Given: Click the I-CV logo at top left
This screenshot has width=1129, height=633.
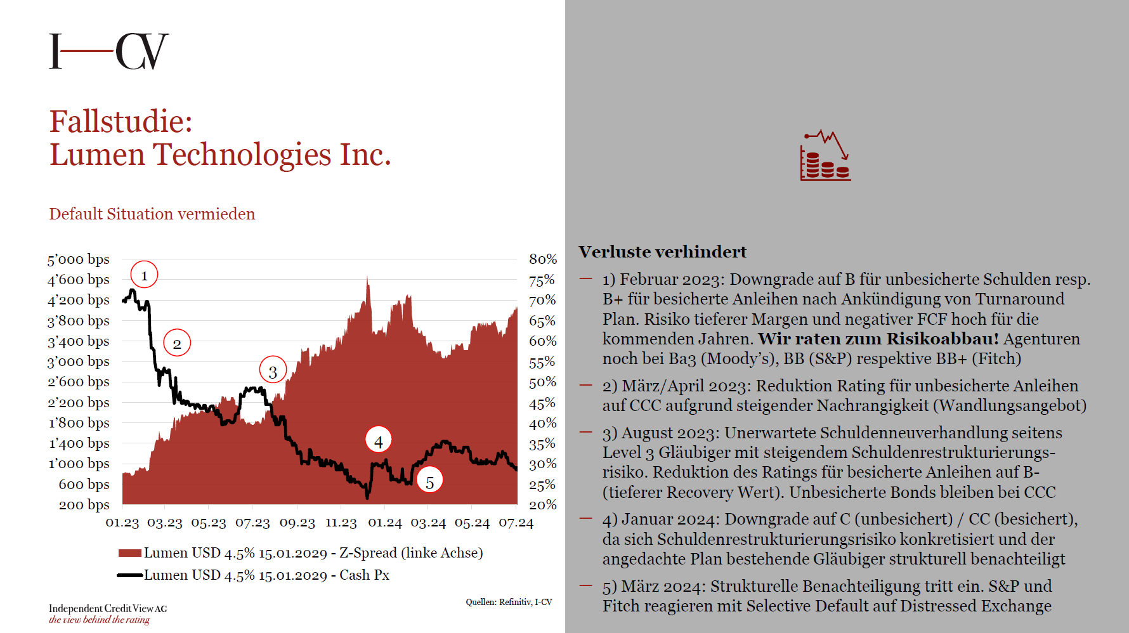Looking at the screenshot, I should (109, 51).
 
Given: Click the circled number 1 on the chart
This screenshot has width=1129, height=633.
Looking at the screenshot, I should (144, 275).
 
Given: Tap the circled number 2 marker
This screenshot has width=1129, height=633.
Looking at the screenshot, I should (177, 343).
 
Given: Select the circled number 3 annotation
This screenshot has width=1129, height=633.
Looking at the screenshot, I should (273, 371).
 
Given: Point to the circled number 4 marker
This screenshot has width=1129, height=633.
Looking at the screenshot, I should (379, 441).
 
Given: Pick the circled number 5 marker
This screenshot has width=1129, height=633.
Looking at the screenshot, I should (429, 482).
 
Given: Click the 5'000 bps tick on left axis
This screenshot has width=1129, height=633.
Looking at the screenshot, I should (79, 259).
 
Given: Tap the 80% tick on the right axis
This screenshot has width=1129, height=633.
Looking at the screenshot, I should (543, 259).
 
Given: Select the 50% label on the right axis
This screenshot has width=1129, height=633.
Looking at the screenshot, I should (543, 382).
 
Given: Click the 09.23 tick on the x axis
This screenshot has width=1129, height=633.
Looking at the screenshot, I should (297, 523).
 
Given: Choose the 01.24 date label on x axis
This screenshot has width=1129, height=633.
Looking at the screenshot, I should (385, 523).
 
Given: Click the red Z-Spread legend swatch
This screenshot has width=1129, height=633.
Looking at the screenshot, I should (129, 553).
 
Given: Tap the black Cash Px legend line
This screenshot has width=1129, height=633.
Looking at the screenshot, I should (129, 575).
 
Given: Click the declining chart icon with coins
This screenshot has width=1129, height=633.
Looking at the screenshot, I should (825, 155).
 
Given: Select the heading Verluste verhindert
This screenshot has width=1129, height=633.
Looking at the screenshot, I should (663, 252).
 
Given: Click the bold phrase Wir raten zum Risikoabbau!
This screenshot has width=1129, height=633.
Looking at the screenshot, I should (878, 339).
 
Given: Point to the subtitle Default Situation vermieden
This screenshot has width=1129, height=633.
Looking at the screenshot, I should (152, 214).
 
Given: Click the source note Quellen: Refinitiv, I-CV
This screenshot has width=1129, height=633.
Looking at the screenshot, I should (509, 602).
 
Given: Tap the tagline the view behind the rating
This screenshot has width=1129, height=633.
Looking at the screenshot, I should (100, 620).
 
